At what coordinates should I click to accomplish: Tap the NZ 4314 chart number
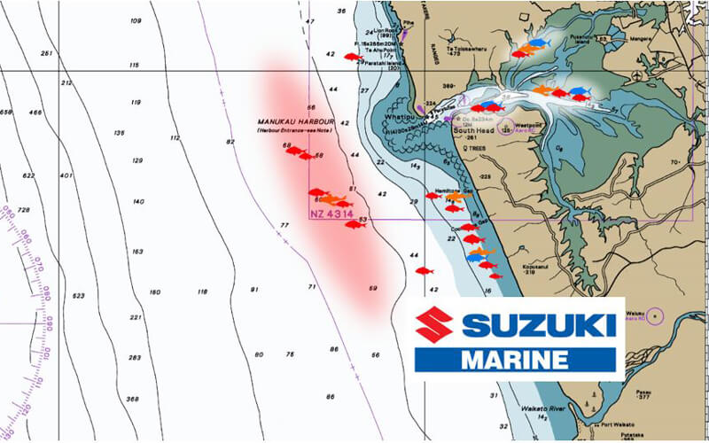[x=331, y=214]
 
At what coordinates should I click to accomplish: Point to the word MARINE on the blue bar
[x=515, y=360]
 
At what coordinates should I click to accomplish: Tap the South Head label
[x=472, y=129]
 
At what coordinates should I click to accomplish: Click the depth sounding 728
[x=25, y=209]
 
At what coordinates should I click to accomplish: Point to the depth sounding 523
[x=79, y=295]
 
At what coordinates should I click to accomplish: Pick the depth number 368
[x=132, y=399]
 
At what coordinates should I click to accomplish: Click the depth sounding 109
[x=136, y=20]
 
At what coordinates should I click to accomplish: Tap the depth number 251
[x=47, y=52]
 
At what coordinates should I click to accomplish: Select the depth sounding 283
[x=135, y=357]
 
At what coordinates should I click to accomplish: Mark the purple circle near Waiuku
[x=654, y=315]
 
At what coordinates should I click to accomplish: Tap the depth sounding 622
[x=29, y=175]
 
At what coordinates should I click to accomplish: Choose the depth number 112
[x=175, y=137]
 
